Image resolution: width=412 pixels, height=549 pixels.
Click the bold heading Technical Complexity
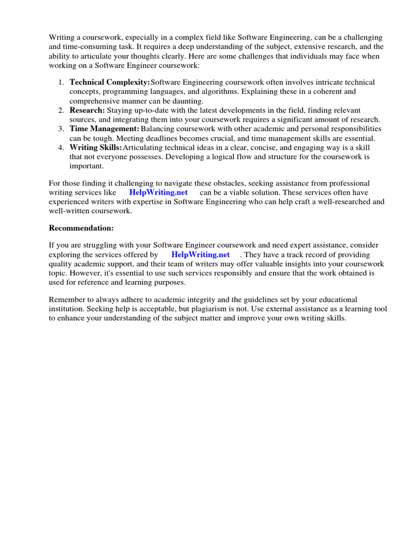(x=109, y=82)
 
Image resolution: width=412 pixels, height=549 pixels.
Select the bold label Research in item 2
(x=87, y=110)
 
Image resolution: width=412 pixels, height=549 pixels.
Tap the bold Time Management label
(x=105, y=129)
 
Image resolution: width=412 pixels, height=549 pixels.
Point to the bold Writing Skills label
(x=95, y=147)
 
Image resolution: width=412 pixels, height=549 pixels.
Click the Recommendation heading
(x=82, y=228)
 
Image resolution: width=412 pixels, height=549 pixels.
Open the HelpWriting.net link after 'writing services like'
(x=158, y=192)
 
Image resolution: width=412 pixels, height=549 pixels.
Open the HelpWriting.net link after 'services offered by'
(x=200, y=255)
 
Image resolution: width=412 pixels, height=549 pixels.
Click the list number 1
(x=61, y=82)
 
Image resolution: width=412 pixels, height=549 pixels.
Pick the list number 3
(x=61, y=129)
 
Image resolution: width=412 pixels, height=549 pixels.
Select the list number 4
(x=61, y=147)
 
